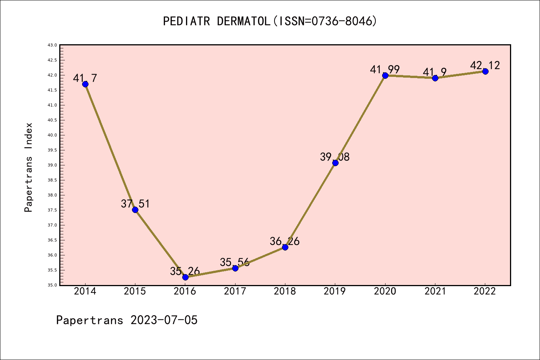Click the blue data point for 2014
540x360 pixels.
[x=85, y=84]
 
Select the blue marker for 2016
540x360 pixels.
[x=185, y=277]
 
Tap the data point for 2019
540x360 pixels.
[x=335, y=163]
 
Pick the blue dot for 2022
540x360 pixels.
[x=485, y=71]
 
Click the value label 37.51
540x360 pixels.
[x=135, y=204]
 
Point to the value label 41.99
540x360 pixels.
[x=385, y=69]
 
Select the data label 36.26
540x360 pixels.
[x=285, y=241]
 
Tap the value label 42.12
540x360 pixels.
[x=485, y=65]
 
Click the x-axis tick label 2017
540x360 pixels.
[x=235, y=291]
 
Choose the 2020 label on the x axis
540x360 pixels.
[x=385, y=291]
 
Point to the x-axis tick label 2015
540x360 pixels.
[x=135, y=291]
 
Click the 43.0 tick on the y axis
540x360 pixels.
[x=52, y=45]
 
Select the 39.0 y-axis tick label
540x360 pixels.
[x=52, y=165]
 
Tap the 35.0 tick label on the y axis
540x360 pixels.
[x=52, y=285]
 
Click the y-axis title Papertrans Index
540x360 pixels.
[x=28, y=167]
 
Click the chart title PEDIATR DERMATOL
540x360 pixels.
[x=216, y=21]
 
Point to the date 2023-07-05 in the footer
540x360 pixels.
[x=164, y=320]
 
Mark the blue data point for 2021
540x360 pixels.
[x=435, y=78]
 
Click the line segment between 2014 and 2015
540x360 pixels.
[x=110, y=147]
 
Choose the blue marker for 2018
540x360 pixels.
[x=285, y=247]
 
